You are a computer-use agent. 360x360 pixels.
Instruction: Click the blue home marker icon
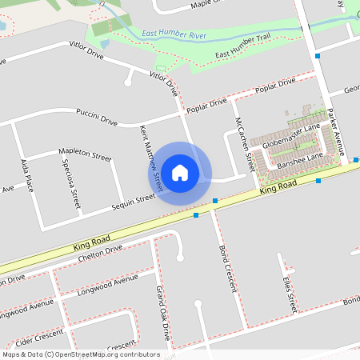180,172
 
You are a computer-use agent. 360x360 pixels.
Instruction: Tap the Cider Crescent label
39,338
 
